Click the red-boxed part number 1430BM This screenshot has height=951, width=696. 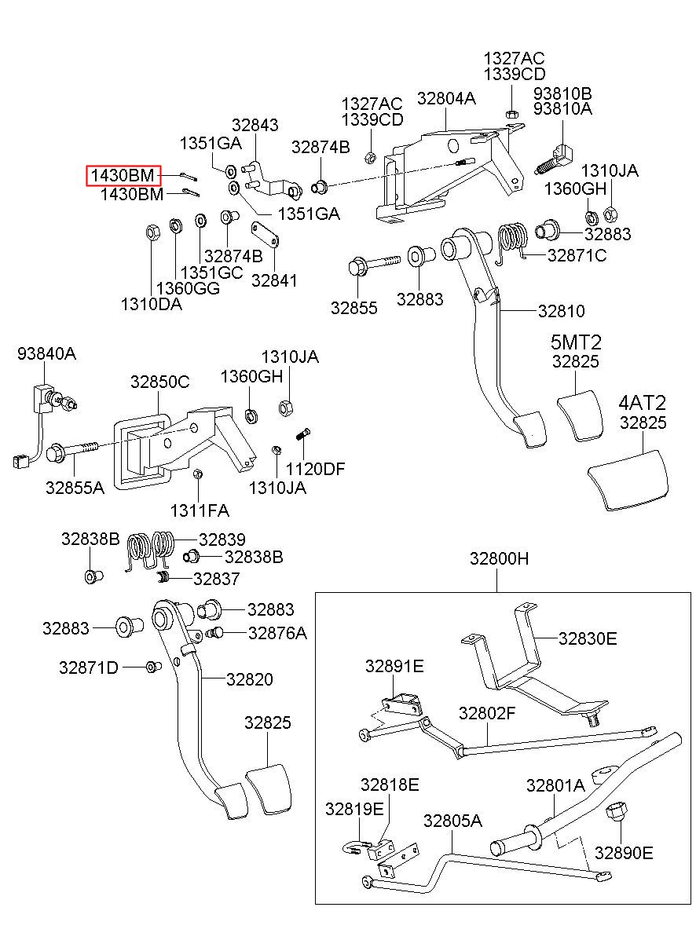click(x=123, y=175)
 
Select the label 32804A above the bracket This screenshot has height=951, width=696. click(x=446, y=98)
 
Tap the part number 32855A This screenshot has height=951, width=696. click(x=75, y=488)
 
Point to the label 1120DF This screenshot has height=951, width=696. click(x=315, y=469)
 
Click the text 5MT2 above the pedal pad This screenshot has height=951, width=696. click(x=576, y=342)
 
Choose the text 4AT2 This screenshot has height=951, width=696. click(x=642, y=403)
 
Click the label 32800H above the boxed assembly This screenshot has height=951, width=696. click(x=499, y=558)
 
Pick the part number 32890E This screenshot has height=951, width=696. click(x=624, y=853)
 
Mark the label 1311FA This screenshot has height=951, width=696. click(x=200, y=510)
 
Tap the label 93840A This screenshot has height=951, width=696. click(x=46, y=353)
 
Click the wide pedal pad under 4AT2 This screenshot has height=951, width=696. click(x=628, y=480)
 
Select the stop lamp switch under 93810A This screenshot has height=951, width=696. click(x=555, y=160)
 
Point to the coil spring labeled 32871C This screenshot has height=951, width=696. click(x=511, y=242)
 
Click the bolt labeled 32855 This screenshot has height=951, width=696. click(x=374, y=265)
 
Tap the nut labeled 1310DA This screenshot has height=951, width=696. click(x=152, y=232)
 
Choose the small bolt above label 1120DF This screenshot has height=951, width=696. click(x=303, y=435)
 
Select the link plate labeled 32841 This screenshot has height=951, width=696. click(x=265, y=234)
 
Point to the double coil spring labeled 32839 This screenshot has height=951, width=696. click(x=150, y=550)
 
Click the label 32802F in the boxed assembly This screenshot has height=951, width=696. click(x=487, y=713)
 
